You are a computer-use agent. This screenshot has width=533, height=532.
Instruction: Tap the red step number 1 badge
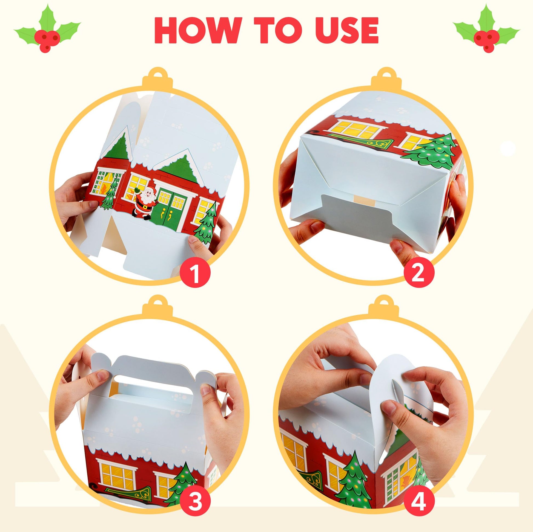click(195, 274)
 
